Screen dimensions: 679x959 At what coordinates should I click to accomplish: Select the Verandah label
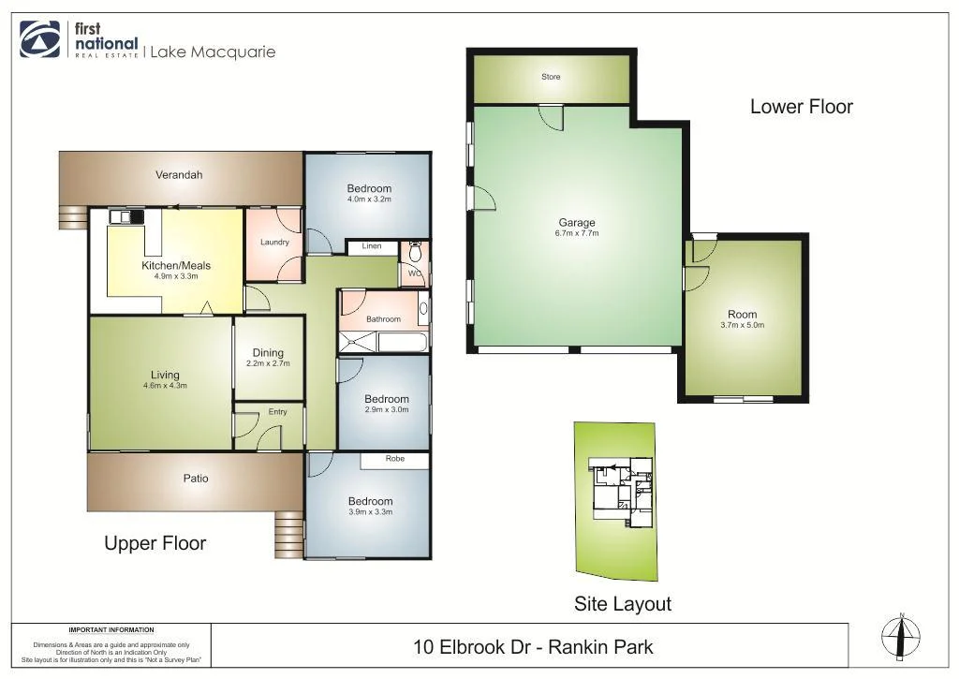click(x=179, y=175)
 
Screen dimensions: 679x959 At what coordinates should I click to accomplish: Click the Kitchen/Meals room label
click(x=176, y=265)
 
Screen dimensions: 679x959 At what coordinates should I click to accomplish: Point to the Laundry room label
click(x=274, y=243)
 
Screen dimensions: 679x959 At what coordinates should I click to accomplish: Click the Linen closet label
click(x=372, y=247)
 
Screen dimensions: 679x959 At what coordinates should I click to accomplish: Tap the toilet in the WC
click(x=416, y=253)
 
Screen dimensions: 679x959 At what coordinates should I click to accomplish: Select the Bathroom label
click(x=383, y=319)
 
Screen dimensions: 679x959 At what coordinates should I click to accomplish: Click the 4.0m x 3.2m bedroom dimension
click(x=368, y=199)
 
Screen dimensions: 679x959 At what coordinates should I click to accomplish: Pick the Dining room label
click(x=268, y=353)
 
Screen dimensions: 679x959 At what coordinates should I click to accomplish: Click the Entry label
click(x=277, y=412)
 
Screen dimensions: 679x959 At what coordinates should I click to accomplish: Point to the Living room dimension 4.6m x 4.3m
click(x=165, y=386)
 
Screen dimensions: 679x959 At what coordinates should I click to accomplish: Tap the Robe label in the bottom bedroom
click(x=395, y=460)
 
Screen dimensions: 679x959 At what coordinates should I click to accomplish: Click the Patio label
click(x=196, y=479)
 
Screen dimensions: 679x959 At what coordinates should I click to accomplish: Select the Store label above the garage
click(x=551, y=77)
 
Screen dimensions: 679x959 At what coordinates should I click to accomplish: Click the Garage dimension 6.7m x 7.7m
click(x=577, y=233)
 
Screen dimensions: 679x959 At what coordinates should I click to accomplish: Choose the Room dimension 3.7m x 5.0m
click(x=742, y=325)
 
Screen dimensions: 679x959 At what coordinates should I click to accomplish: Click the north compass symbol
click(x=900, y=638)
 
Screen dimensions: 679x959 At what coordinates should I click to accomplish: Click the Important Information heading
click(x=111, y=630)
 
